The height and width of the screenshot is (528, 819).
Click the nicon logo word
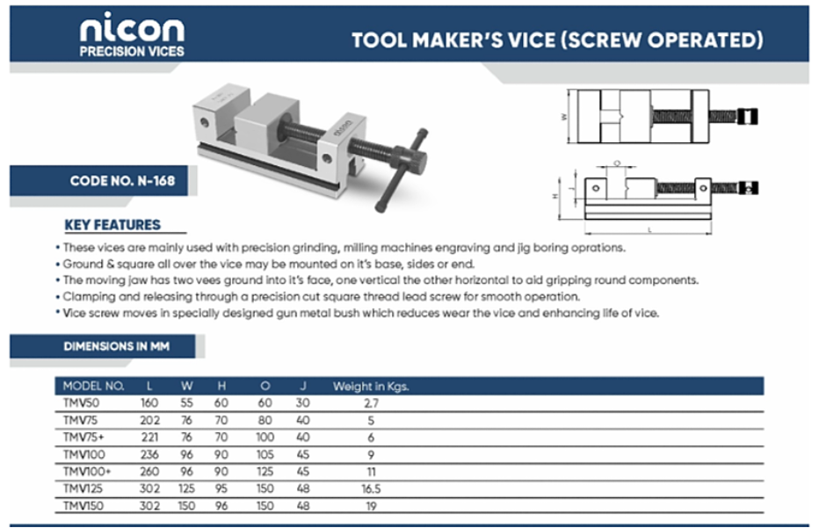pos(132,29)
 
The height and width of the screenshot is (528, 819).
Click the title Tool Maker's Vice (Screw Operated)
pos(557,40)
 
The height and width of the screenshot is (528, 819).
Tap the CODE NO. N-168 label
pos(122,181)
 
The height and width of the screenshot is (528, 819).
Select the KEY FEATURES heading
pos(112,225)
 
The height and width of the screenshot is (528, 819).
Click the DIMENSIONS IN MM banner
pos(117,346)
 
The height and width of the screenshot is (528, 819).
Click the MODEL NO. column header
pos(93,386)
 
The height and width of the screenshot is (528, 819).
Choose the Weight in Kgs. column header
pos(371,387)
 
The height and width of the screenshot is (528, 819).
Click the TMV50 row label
pos(81,402)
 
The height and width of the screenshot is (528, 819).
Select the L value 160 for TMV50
pos(149,402)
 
